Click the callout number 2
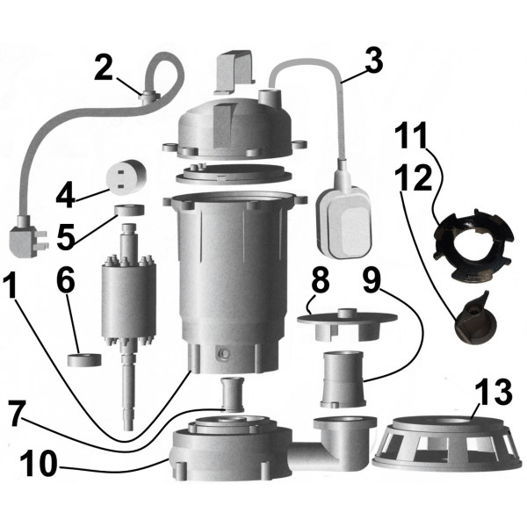pyautogui.click(x=104, y=68)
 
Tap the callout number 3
pyautogui.click(x=374, y=60)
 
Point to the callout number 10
pyautogui.click(x=39, y=464)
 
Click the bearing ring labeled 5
pyautogui.click(x=129, y=210)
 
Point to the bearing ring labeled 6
pyautogui.click(x=84, y=359)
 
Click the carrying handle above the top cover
pyautogui.click(x=235, y=71)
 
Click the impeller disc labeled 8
pyautogui.click(x=347, y=324)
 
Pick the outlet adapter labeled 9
pyautogui.click(x=343, y=379)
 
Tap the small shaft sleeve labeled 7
pyautogui.click(x=232, y=394)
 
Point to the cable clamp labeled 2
pyautogui.click(x=150, y=97)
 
